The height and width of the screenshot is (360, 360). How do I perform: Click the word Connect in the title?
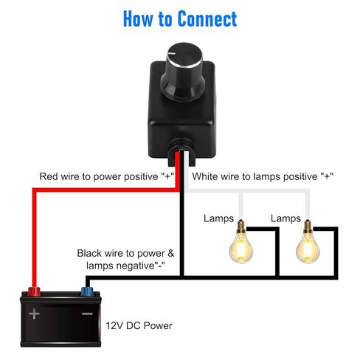(x=207, y=18)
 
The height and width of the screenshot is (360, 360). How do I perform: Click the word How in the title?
(x=138, y=18)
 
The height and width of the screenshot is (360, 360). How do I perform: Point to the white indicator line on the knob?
(x=172, y=53)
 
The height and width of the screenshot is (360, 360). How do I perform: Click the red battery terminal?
(x=34, y=291)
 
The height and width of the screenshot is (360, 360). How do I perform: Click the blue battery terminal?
(x=87, y=291)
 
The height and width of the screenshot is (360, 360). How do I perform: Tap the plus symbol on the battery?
(x=34, y=314)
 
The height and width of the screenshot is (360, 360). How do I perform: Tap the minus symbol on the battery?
(x=87, y=314)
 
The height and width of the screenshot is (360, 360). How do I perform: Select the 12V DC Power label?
(x=139, y=325)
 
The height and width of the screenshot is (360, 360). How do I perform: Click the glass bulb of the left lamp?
(x=241, y=248)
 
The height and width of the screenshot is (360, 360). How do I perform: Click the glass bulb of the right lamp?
(x=308, y=248)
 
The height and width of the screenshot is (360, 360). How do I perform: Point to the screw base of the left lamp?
(x=241, y=226)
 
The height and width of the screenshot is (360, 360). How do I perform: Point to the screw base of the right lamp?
(x=308, y=226)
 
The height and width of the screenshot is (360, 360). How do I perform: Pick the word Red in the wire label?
(x=49, y=176)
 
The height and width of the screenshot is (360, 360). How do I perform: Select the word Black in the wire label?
(x=89, y=253)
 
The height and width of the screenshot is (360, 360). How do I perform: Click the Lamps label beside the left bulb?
(x=218, y=218)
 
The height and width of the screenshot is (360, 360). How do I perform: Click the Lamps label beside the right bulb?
(x=285, y=218)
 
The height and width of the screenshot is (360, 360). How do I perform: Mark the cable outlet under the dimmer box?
(x=181, y=152)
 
